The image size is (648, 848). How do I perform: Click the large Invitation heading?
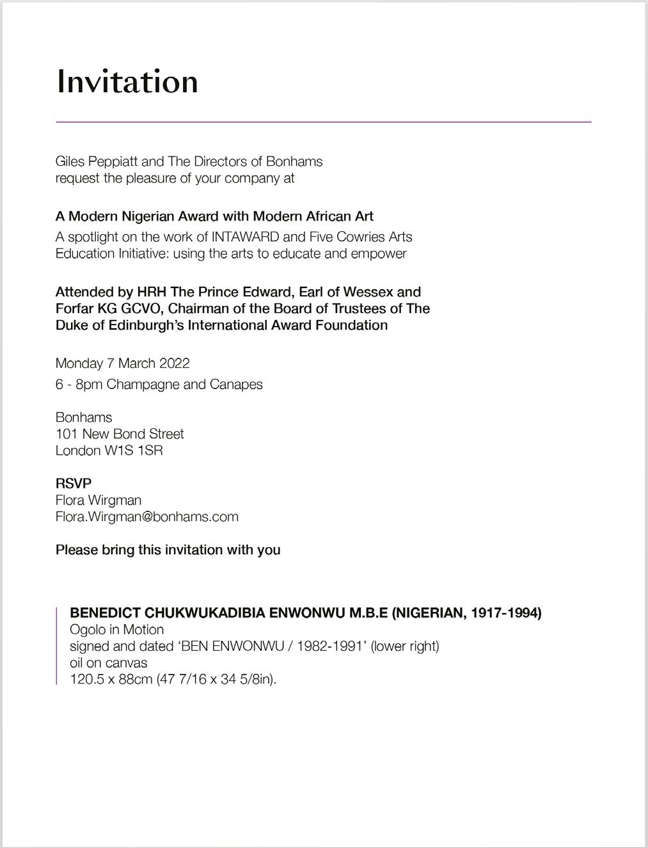tap(127, 82)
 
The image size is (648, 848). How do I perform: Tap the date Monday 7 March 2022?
tap(123, 364)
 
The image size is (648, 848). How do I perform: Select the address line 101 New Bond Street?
tap(120, 434)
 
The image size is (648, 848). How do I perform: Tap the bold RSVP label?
tap(74, 483)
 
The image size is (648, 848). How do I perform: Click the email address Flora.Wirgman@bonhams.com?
tap(147, 516)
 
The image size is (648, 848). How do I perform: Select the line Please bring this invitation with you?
tap(168, 550)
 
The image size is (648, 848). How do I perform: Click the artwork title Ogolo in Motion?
tap(116, 630)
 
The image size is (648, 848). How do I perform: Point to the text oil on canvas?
tap(108, 663)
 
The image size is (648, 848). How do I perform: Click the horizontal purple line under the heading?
tap(323, 122)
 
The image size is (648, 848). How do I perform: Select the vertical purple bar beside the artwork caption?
tap(57, 646)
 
